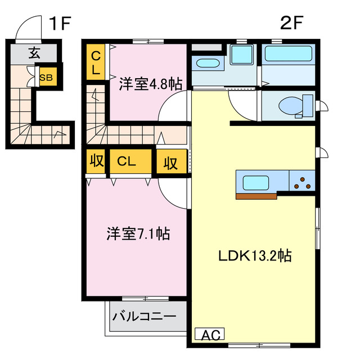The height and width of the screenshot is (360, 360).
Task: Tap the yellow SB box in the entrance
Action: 46,78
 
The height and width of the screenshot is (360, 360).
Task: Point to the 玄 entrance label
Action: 34,54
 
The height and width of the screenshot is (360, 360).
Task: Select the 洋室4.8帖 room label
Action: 150,84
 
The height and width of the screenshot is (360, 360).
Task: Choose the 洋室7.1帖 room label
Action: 139,233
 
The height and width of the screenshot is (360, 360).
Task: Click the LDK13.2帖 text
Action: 255,256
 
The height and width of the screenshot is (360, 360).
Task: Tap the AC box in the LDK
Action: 209,335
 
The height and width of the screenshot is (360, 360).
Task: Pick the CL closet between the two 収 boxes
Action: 130,161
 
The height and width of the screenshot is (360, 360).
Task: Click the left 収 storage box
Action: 96,161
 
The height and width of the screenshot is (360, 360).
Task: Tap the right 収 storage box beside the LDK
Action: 171,163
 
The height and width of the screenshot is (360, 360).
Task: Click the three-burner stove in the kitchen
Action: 303,182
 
